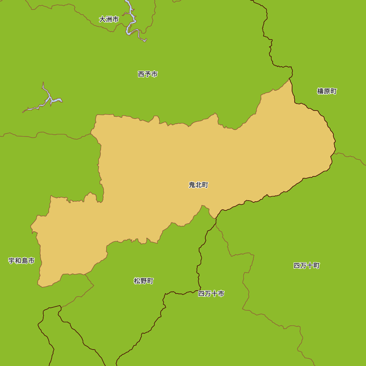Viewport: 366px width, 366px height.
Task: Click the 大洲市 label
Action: point(109,19)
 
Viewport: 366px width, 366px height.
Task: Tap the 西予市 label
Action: point(147,74)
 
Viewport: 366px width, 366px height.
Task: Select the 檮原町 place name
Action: point(327,91)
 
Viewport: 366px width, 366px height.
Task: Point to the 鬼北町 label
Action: point(198,185)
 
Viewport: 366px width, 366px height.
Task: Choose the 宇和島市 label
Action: point(22,261)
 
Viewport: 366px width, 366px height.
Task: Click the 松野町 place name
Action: point(143,281)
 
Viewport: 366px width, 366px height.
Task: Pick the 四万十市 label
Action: point(211,294)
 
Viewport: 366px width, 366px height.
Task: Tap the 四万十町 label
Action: point(307,266)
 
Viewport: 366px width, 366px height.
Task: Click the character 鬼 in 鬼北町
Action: point(192,185)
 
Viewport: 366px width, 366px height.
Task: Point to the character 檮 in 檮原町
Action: point(320,91)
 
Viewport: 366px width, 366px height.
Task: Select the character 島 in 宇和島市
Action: point(25,261)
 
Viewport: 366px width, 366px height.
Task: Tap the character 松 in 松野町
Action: point(137,281)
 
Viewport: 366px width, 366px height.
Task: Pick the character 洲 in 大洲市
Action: point(109,19)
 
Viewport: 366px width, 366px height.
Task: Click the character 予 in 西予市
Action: point(147,74)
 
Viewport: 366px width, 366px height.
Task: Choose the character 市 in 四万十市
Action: point(221,294)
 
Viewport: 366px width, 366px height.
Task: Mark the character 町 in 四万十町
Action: point(317,266)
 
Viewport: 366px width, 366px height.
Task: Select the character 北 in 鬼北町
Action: point(198,185)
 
